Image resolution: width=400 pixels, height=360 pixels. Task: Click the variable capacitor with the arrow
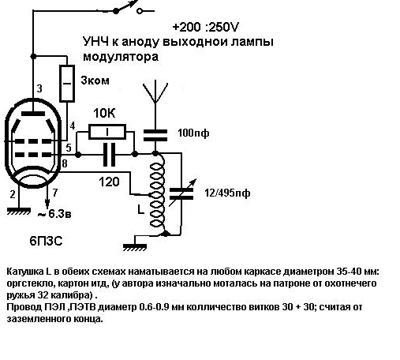point(184,189)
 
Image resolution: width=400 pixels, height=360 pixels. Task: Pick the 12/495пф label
point(226,192)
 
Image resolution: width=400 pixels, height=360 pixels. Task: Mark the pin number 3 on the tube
point(39,88)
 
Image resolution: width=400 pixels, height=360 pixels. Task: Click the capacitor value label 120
point(110,181)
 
